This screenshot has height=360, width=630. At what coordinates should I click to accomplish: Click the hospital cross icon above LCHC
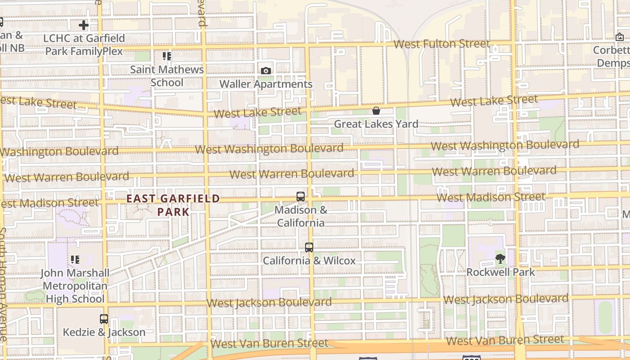[84, 25]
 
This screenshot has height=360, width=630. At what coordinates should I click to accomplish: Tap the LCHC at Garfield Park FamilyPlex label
[84, 45]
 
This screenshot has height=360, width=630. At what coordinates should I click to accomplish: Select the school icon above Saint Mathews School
[167, 56]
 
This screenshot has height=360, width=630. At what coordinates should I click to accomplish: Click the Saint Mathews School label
[167, 76]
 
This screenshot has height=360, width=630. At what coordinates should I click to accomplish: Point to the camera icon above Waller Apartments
[266, 71]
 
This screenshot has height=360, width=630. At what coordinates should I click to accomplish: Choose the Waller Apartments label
[266, 84]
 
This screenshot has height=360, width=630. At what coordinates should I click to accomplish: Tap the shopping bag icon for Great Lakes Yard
[376, 111]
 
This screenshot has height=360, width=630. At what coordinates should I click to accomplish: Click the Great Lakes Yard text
[376, 124]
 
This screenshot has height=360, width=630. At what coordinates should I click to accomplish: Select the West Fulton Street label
[441, 44]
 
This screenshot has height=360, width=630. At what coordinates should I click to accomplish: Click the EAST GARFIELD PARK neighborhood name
[173, 205]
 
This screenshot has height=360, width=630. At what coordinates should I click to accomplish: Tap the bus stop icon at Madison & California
[301, 197]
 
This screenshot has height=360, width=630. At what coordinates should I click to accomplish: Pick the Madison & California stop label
[301, 216]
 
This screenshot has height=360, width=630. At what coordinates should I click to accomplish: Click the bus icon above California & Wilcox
[309, 247]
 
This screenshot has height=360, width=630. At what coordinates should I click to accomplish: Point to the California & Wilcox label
[309, 261]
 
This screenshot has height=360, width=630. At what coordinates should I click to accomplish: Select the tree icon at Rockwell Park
[500, 258]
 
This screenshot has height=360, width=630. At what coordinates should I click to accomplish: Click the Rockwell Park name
[500, 272]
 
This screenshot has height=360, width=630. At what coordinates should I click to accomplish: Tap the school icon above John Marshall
[75, 260]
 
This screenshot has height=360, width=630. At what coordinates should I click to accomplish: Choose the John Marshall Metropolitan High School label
[75, 286]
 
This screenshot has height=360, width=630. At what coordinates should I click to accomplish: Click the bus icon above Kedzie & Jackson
[104, 319]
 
